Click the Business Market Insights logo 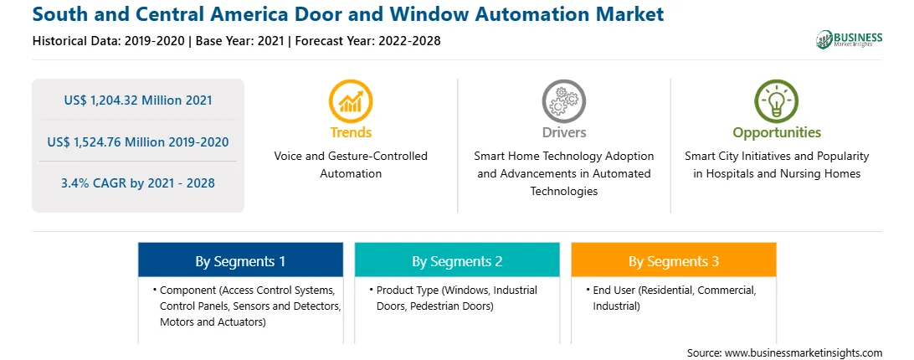pos(850,39)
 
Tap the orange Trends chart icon pos(351,101)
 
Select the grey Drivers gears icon pos(563,101)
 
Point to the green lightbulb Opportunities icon pos(777,101)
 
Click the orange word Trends pos(351,132)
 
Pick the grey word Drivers pos(563,132)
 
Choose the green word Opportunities pos(777,133)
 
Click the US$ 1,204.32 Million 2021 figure pos(138,100)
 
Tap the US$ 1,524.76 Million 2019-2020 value pos(138,141)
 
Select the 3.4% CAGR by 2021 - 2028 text pos(138,183)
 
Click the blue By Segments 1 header pos(240,261)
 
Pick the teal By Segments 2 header pos(457,261)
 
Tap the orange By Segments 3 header pos(673,261)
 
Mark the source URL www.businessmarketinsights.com pos(804,353)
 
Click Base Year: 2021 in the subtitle pos(239,41)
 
